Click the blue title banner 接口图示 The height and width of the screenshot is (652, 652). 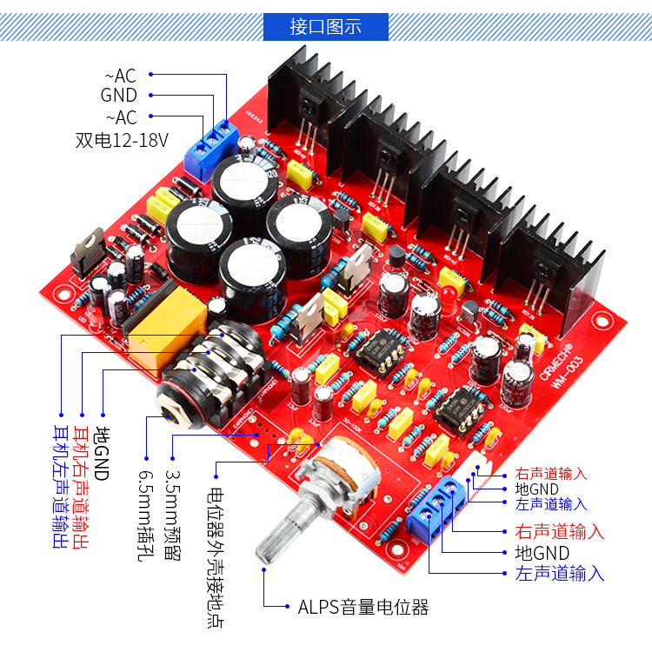[325, 26]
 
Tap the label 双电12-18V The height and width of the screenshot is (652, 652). [122, 139]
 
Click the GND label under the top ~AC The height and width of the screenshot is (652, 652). [119, 96]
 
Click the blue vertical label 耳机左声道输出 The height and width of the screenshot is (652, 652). [59, 487]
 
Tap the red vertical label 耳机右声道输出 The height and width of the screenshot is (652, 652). [81, 487]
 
